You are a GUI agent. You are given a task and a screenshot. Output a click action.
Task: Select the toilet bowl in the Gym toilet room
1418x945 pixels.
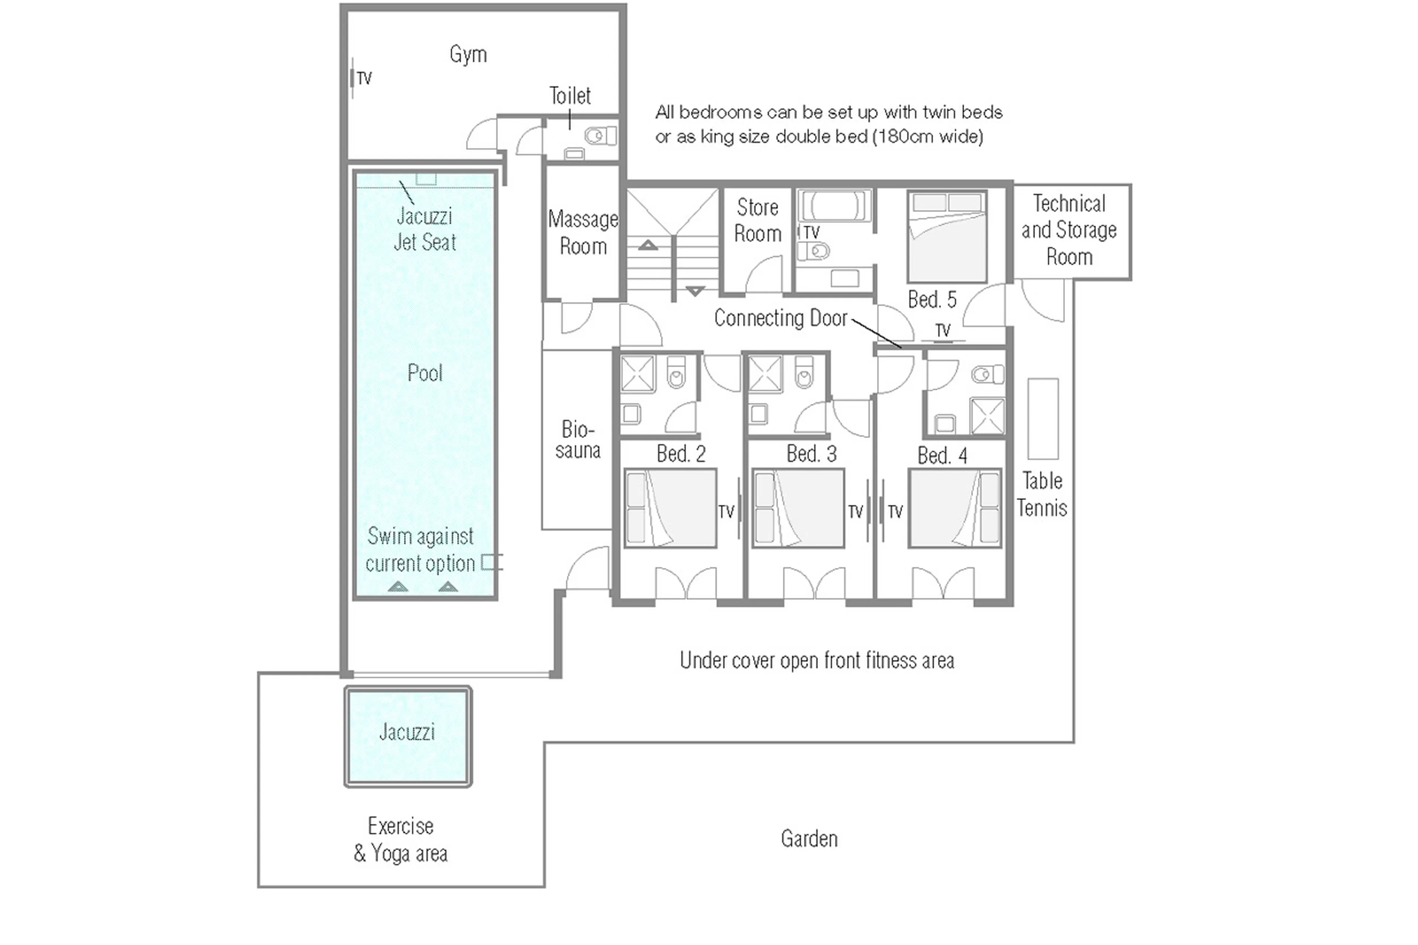(600, 136)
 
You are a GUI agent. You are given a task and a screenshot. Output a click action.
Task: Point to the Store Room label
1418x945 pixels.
(757, 220)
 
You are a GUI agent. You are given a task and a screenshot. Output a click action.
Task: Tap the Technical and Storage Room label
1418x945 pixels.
(1069, 230)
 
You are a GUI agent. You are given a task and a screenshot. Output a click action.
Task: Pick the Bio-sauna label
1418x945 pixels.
(577, 440)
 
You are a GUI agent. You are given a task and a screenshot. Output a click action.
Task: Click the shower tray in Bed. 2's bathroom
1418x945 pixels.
(638, 374)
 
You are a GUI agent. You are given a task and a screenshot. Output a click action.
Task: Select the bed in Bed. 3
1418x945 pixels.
(798, 509)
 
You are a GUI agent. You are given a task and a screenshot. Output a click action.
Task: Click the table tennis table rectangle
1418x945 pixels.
(1042, 419)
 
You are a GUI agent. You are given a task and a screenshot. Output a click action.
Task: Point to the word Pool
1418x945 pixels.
(425, 373)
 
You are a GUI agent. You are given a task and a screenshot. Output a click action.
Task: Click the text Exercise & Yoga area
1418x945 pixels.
(401, 839)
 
